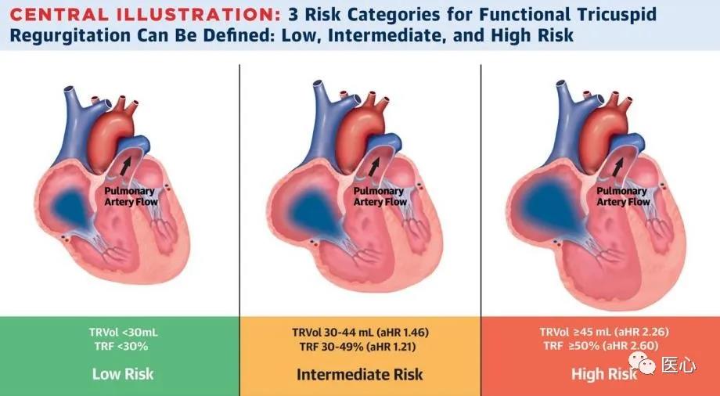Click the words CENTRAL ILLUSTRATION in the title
(x=144, y=15)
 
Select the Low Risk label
(x=123, y=373)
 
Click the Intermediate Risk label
(x=359, y=374)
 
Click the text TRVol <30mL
(x=123, y=332)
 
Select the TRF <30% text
(x=121, y=346)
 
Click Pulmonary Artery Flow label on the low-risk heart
(x=131, y=196)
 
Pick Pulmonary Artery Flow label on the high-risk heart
(x=623, y=196)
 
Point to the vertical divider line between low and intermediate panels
(x=239, y=190)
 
